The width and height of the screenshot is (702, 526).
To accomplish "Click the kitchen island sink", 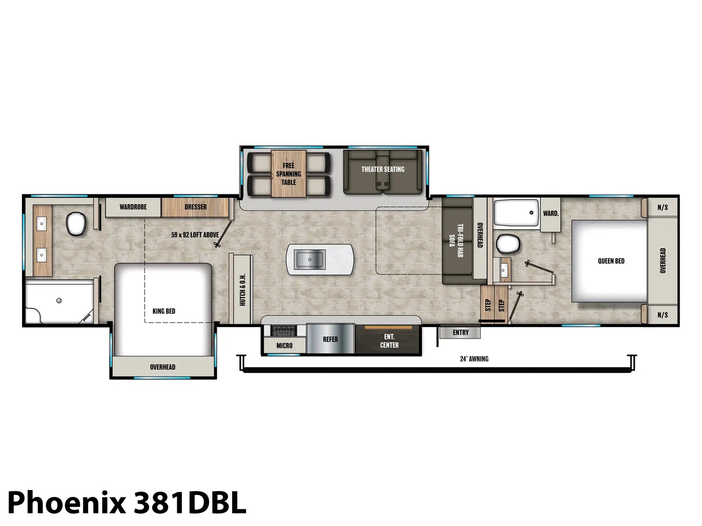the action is [x=309, y=259].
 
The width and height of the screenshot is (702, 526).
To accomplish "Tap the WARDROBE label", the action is [x=133, y=207].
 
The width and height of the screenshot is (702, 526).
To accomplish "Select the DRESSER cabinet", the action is [x=195, y=207].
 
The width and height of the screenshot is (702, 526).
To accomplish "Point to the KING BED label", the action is [x=164, y=311].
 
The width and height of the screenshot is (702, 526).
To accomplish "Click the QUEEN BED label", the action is [x=611, y=261].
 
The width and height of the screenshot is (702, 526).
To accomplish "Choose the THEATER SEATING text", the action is [x=383, y=169].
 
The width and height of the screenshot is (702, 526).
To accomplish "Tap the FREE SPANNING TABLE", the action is [x=288, y=174].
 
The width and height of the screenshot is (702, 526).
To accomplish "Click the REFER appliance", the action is [x=330, y=339].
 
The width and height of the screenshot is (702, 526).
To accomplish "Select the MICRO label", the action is [x=284, y=345].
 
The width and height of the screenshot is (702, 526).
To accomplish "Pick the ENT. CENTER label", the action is [x=389, y=341].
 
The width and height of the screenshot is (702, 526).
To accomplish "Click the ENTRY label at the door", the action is [x=461, y=332].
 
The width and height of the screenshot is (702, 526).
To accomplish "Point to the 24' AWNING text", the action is [x=474, y=359].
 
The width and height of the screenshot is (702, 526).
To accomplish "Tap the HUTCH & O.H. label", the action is [x=243, y=290].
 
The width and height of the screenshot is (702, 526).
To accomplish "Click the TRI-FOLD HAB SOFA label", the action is [x=456, y=241].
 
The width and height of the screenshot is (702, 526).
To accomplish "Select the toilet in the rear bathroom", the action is [x=76, y=224].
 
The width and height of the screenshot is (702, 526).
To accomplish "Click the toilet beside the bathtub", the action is [x=508, y=244].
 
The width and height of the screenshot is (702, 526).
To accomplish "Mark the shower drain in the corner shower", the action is [x=59, y=301].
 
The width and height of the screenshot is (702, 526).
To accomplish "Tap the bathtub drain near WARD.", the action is [x=531, y=213].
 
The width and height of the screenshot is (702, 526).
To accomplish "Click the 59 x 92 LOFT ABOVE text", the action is [x=195, y=235].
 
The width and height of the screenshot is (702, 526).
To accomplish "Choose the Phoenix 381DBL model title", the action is [x=127, y=503].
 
